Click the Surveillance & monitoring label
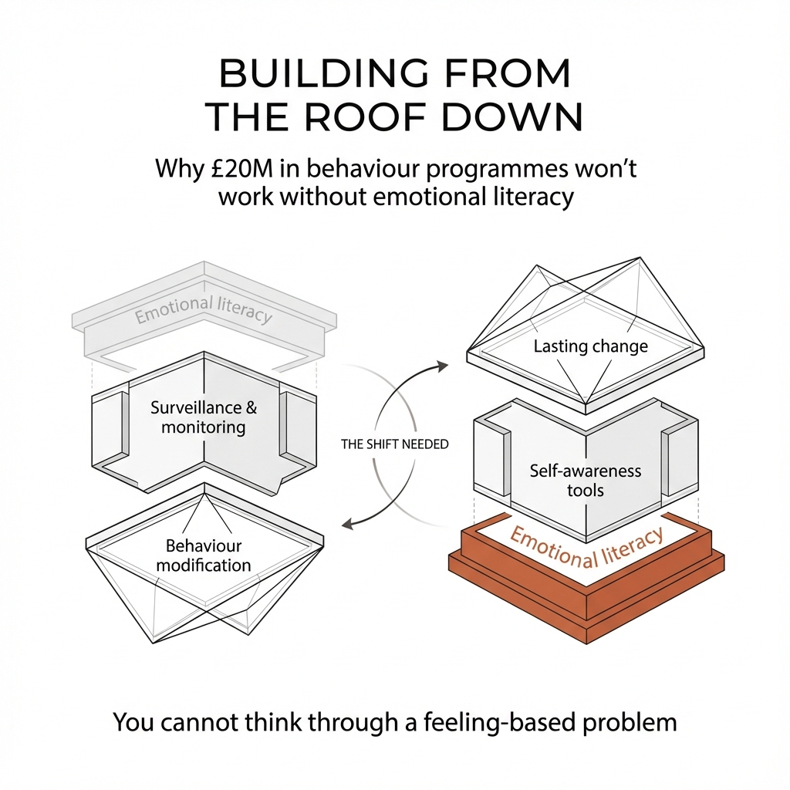coord(204,417)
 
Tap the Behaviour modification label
coord(204,555)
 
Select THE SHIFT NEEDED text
coord(394,444)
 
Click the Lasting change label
coord(591,346)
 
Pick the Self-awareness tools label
coord(586,480)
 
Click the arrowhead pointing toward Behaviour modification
coord(347,524)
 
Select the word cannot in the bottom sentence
coord(203,723)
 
